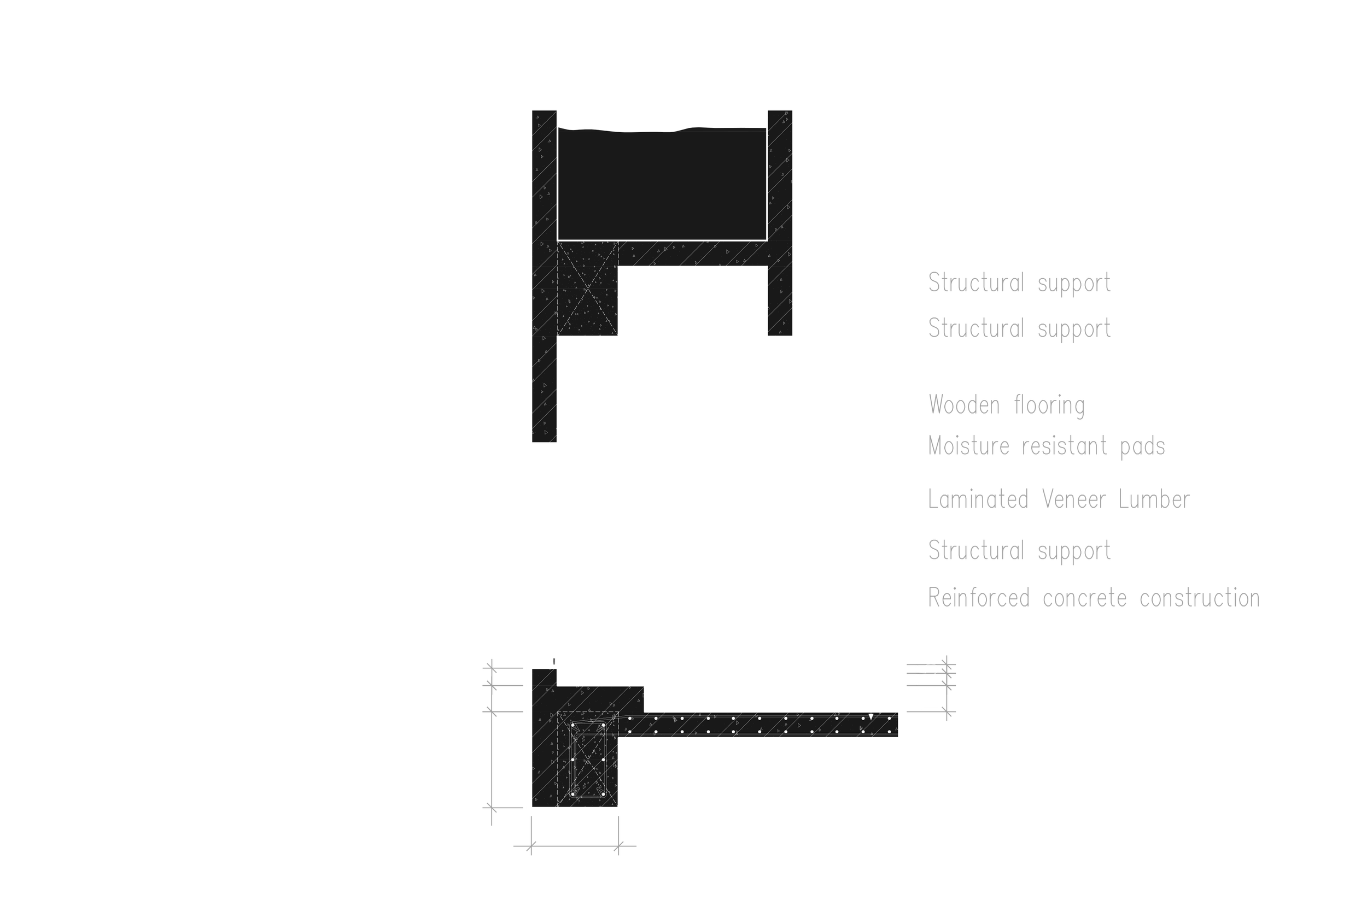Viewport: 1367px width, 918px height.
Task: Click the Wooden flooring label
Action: (x=1007, y=405)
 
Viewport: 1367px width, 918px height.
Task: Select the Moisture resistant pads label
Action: (x=1047, y=448)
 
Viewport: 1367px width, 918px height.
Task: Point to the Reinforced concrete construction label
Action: (x=1094, y=598)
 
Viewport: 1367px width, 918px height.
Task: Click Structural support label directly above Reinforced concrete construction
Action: (x=1019, y=551)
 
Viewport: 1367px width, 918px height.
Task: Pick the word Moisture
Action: (x=969, y=448)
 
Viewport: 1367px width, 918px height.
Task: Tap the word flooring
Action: (x=1047, y=405)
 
